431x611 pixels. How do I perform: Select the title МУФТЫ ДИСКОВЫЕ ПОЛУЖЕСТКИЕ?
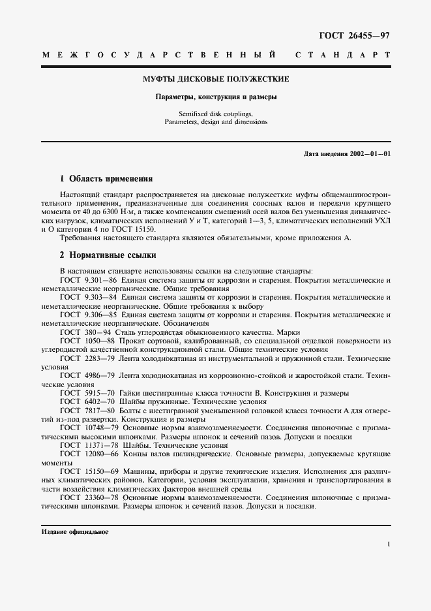(x=216, y=79)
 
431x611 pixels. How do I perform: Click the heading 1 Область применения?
(x=106, y=178)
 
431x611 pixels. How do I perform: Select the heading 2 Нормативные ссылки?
(x=108, y=255)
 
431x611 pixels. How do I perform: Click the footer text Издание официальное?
(x=74, y=532)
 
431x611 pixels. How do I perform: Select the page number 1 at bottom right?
(x=389, y=544)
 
